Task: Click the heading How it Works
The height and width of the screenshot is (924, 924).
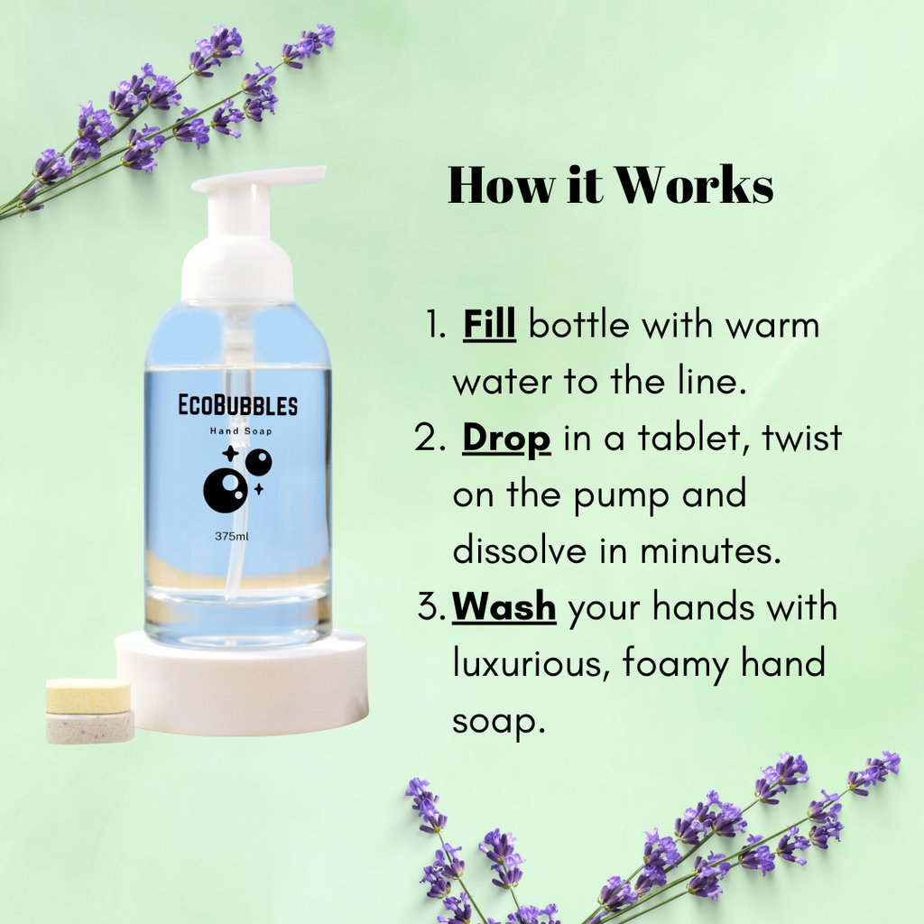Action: (x=611, y=185)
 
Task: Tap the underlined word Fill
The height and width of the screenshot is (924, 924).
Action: (x=489, y=324)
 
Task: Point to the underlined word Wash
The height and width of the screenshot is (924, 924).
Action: (x=504, y=607)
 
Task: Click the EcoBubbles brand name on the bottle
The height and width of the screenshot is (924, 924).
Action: (x=237, y=405)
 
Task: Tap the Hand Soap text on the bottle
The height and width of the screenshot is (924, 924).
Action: (x=241, y=431)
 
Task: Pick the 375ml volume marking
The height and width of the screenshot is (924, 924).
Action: (x=232, y=536)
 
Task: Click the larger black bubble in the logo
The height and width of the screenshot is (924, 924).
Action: (x=225, y=491)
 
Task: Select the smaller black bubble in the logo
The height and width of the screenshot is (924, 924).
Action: (x=258, y=462)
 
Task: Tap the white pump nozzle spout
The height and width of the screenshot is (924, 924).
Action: (x=259, y=179)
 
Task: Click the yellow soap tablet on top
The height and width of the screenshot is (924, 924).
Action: (x=88, y=696)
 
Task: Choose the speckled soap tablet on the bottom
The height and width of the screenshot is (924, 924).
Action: (x=90, y=727)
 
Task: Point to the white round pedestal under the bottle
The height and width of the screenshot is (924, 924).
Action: (x=242, y=684)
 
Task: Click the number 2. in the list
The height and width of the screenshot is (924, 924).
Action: (x=430, y=438)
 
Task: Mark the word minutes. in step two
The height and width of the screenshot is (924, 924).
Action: (x=711, y=550)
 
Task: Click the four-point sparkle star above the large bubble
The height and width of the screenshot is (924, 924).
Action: (x=230, y=454)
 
